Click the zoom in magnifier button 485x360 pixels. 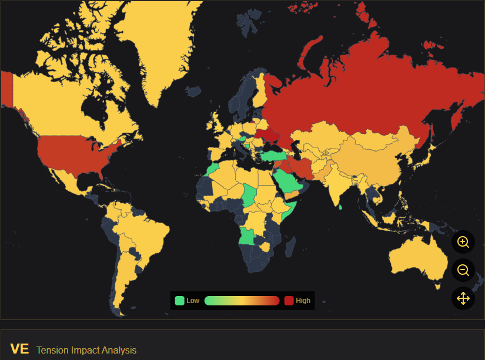(463, 242)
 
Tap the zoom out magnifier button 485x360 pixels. (463, 270)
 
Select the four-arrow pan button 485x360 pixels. (463, 298)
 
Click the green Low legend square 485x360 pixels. (179, 301)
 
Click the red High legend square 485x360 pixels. (289, 301)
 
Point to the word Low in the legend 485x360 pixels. (193, 301)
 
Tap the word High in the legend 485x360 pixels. (303, 301)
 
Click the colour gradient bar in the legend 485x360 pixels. (242, 301)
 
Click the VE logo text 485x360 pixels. (19, 349)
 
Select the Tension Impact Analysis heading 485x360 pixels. (86, 350)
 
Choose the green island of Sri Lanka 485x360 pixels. (341, 206)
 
